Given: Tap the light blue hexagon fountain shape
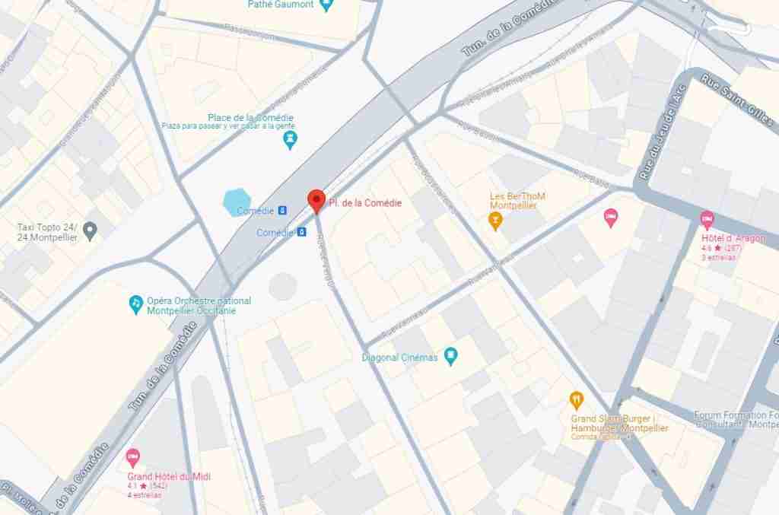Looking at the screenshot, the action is [237, 203].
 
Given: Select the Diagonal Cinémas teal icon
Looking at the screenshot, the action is [451, 355].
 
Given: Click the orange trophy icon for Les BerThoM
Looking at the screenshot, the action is [495, 221].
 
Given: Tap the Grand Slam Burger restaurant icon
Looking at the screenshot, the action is [577, 400].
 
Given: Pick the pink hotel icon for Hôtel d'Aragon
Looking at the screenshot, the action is [707, 221].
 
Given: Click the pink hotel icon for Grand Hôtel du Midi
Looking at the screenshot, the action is [133, 459].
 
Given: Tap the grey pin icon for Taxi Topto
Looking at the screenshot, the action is [91, 230].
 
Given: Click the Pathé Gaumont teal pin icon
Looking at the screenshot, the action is [326, 5].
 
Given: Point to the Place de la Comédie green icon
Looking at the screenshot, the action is [290, 140].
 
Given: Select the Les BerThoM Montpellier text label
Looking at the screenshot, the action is [518, 201].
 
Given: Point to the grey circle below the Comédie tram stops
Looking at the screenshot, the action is [282, 286].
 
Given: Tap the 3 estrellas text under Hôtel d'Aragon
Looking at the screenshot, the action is [718, 257].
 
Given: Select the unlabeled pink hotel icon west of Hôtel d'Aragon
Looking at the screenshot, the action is [610, 218].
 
